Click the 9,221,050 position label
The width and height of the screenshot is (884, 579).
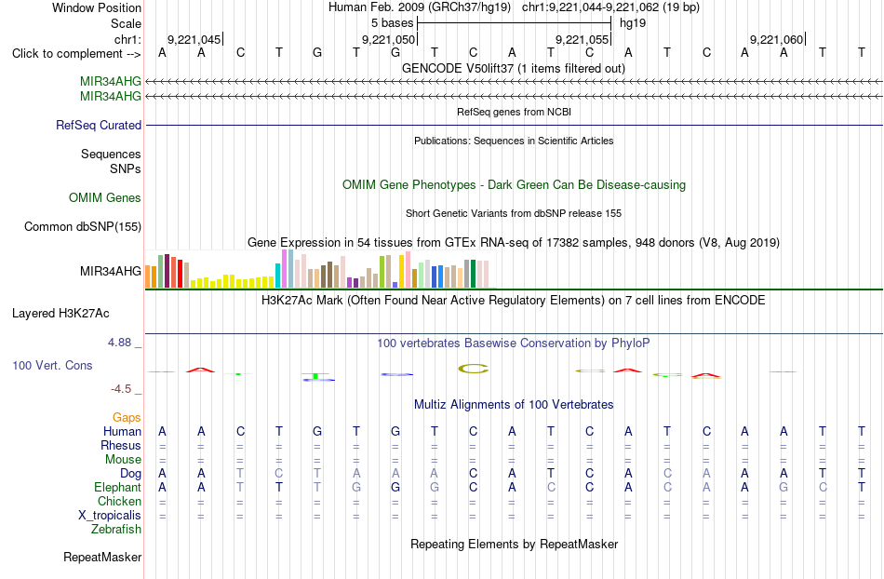388,39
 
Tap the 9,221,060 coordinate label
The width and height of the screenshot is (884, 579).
776,39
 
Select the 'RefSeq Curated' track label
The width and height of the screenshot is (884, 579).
99,125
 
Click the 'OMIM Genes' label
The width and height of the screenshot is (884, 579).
105,198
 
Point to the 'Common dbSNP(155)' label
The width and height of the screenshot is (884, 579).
83,226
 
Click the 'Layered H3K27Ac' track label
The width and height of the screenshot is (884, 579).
60,314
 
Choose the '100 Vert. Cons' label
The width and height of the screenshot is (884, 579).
52,365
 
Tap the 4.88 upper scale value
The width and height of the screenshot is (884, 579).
119,343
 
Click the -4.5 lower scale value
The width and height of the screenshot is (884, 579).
121,389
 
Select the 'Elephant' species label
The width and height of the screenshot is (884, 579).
118,487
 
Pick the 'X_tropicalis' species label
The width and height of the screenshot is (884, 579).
110,516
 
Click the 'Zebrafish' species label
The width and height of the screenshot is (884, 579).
116,530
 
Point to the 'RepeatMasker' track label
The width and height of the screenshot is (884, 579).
102,558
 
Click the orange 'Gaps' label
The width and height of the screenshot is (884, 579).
127,417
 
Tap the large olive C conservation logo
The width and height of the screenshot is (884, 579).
473,369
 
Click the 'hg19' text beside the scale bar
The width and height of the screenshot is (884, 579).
633,23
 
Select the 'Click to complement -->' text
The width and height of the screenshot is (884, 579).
76,54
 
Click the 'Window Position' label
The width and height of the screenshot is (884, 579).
97,7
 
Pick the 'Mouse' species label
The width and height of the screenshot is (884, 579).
124,460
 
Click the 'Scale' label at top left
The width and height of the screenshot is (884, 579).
127,23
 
